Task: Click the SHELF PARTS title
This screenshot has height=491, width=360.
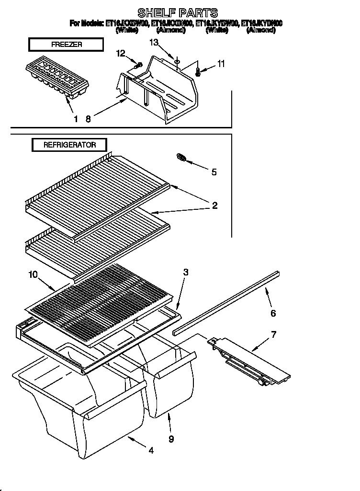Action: [178, 12]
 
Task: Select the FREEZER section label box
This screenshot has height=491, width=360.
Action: [66, 45]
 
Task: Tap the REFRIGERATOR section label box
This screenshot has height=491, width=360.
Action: [69, 145]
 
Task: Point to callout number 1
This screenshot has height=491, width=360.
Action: [75, 119]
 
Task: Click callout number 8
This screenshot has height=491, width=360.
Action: [88, 119]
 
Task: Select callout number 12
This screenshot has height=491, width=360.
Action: [121, 53]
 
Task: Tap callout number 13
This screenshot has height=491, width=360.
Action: [153, 43]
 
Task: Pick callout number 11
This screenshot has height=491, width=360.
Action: [220, 63]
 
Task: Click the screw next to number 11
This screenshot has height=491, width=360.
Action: [198, 71]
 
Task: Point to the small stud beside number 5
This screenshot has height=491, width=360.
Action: [181, 157]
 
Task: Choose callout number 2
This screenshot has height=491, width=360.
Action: [215, 206]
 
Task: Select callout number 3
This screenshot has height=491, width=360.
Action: [185, 272]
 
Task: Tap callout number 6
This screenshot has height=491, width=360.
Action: [273, 313]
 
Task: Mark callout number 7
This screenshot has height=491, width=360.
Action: [273, 334]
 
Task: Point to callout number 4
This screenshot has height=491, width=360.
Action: [151, 450]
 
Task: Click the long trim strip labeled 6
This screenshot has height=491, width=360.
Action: [225, 303]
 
